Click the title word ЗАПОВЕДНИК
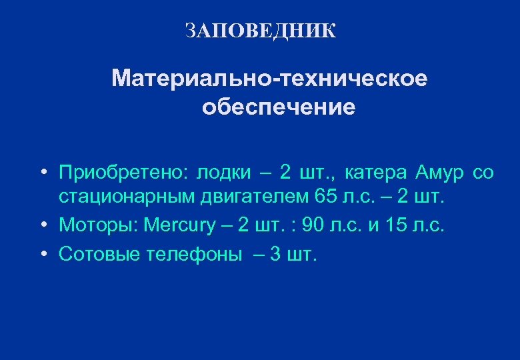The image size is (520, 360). click(261, 31)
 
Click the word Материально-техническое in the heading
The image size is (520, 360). click(270, 79)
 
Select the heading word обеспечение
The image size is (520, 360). click(279, 107)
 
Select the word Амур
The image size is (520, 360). click(437, 173)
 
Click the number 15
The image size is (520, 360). click(395, 225)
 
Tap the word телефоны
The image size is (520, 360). click(193, 254)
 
